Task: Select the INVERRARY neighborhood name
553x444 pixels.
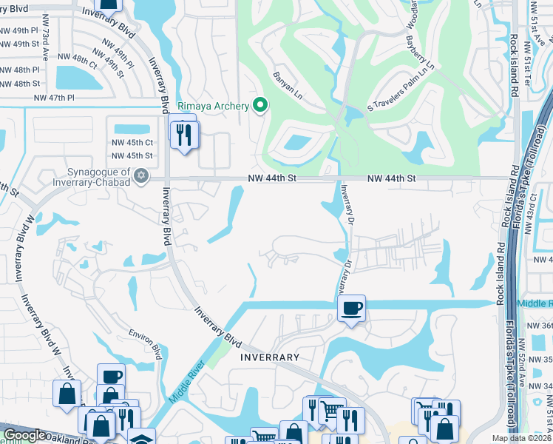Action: tap(269, 357)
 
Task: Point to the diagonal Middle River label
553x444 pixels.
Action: tap(186, 379)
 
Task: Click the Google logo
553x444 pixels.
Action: tap(24, 435)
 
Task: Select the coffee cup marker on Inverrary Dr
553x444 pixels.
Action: tap(352, 307)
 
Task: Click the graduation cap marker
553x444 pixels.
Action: tap(140, 437)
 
